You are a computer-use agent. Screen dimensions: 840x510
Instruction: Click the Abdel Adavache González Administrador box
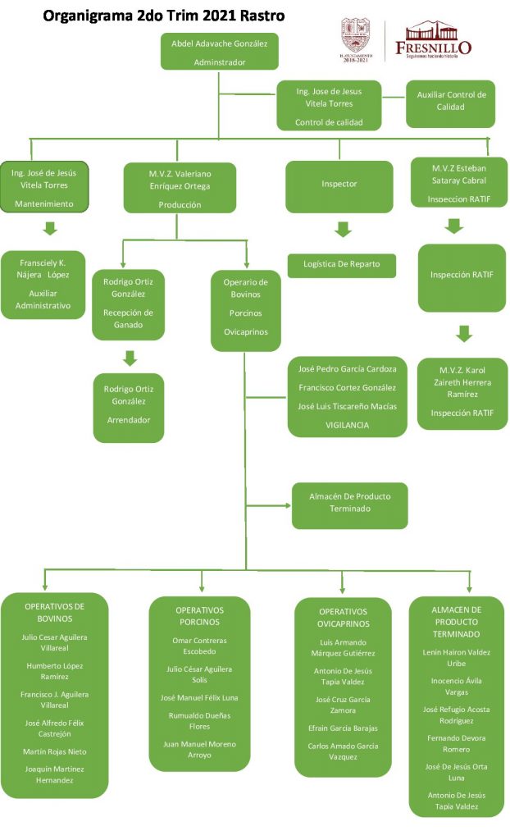click(x=220, y=51)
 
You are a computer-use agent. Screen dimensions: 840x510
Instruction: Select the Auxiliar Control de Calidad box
click(x=450, y=102)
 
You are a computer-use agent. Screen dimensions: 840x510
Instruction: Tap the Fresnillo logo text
click(x=433, y=47)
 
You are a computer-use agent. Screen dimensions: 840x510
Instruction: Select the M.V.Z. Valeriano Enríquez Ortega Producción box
click(x=180, y=188)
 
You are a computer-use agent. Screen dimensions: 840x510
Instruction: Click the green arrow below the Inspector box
click(x=343, y=230)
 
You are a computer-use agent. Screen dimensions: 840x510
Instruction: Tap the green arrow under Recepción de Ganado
click(x=130, y=358)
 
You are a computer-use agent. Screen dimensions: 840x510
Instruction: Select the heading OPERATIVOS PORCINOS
click(x=200, y=616)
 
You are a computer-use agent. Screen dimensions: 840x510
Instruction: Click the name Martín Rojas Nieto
click(x=56, y=751)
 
